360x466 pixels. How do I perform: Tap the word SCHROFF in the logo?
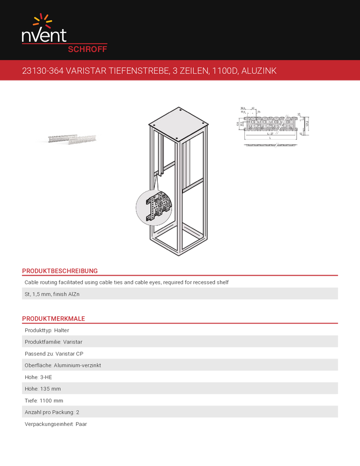[87, 49]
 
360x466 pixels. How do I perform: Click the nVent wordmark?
[44, 36]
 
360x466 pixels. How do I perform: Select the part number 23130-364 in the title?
[39, 71]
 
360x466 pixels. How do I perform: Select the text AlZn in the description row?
[81, 294]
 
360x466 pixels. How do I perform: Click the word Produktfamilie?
[43, 342]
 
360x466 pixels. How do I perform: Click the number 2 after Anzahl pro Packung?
[77, 412]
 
